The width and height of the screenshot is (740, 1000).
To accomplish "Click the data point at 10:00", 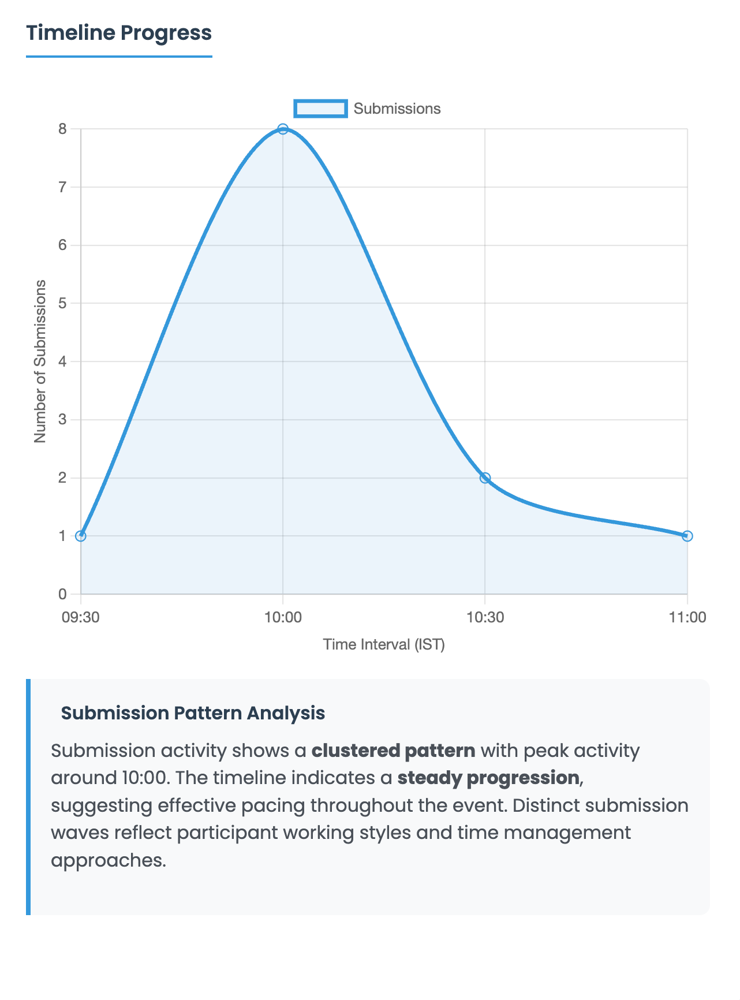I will tap(283, 129).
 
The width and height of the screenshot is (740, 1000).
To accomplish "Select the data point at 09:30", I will tap(81, 536).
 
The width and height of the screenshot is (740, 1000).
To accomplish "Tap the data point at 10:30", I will tap(485, 478).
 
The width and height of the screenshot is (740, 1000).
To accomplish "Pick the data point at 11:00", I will tap(687, 536).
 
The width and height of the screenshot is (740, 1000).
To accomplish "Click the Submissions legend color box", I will tap(321, 109).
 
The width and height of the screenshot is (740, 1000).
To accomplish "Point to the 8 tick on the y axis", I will tap(62, 129).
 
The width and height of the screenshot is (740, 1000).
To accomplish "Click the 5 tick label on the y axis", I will tap(62, 303).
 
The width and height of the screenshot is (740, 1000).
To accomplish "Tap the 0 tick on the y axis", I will tap(62, 594).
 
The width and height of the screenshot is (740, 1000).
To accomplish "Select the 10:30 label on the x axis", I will tap(485, 617).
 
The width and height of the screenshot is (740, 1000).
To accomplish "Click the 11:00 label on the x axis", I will tap(687, 617).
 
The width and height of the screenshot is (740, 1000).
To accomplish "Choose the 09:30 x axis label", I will tap(81, 617).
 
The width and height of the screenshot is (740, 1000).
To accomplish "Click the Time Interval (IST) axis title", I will tap(384, 644).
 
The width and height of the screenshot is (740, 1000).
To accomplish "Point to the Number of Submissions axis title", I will tap(40, 361).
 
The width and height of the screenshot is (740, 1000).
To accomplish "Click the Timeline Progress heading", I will tap(119, 33).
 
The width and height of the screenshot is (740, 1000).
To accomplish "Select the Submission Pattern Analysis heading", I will tap(193, 713).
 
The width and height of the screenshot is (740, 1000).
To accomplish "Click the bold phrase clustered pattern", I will tap(393, 751).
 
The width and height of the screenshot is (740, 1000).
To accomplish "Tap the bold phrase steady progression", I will tap(488, 778).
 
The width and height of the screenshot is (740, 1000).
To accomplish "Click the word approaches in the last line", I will tap(108, 860).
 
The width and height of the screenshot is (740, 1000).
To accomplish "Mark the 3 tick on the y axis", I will tap(62, 420).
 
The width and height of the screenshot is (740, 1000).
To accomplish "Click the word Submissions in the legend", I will tap(397, 109).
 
